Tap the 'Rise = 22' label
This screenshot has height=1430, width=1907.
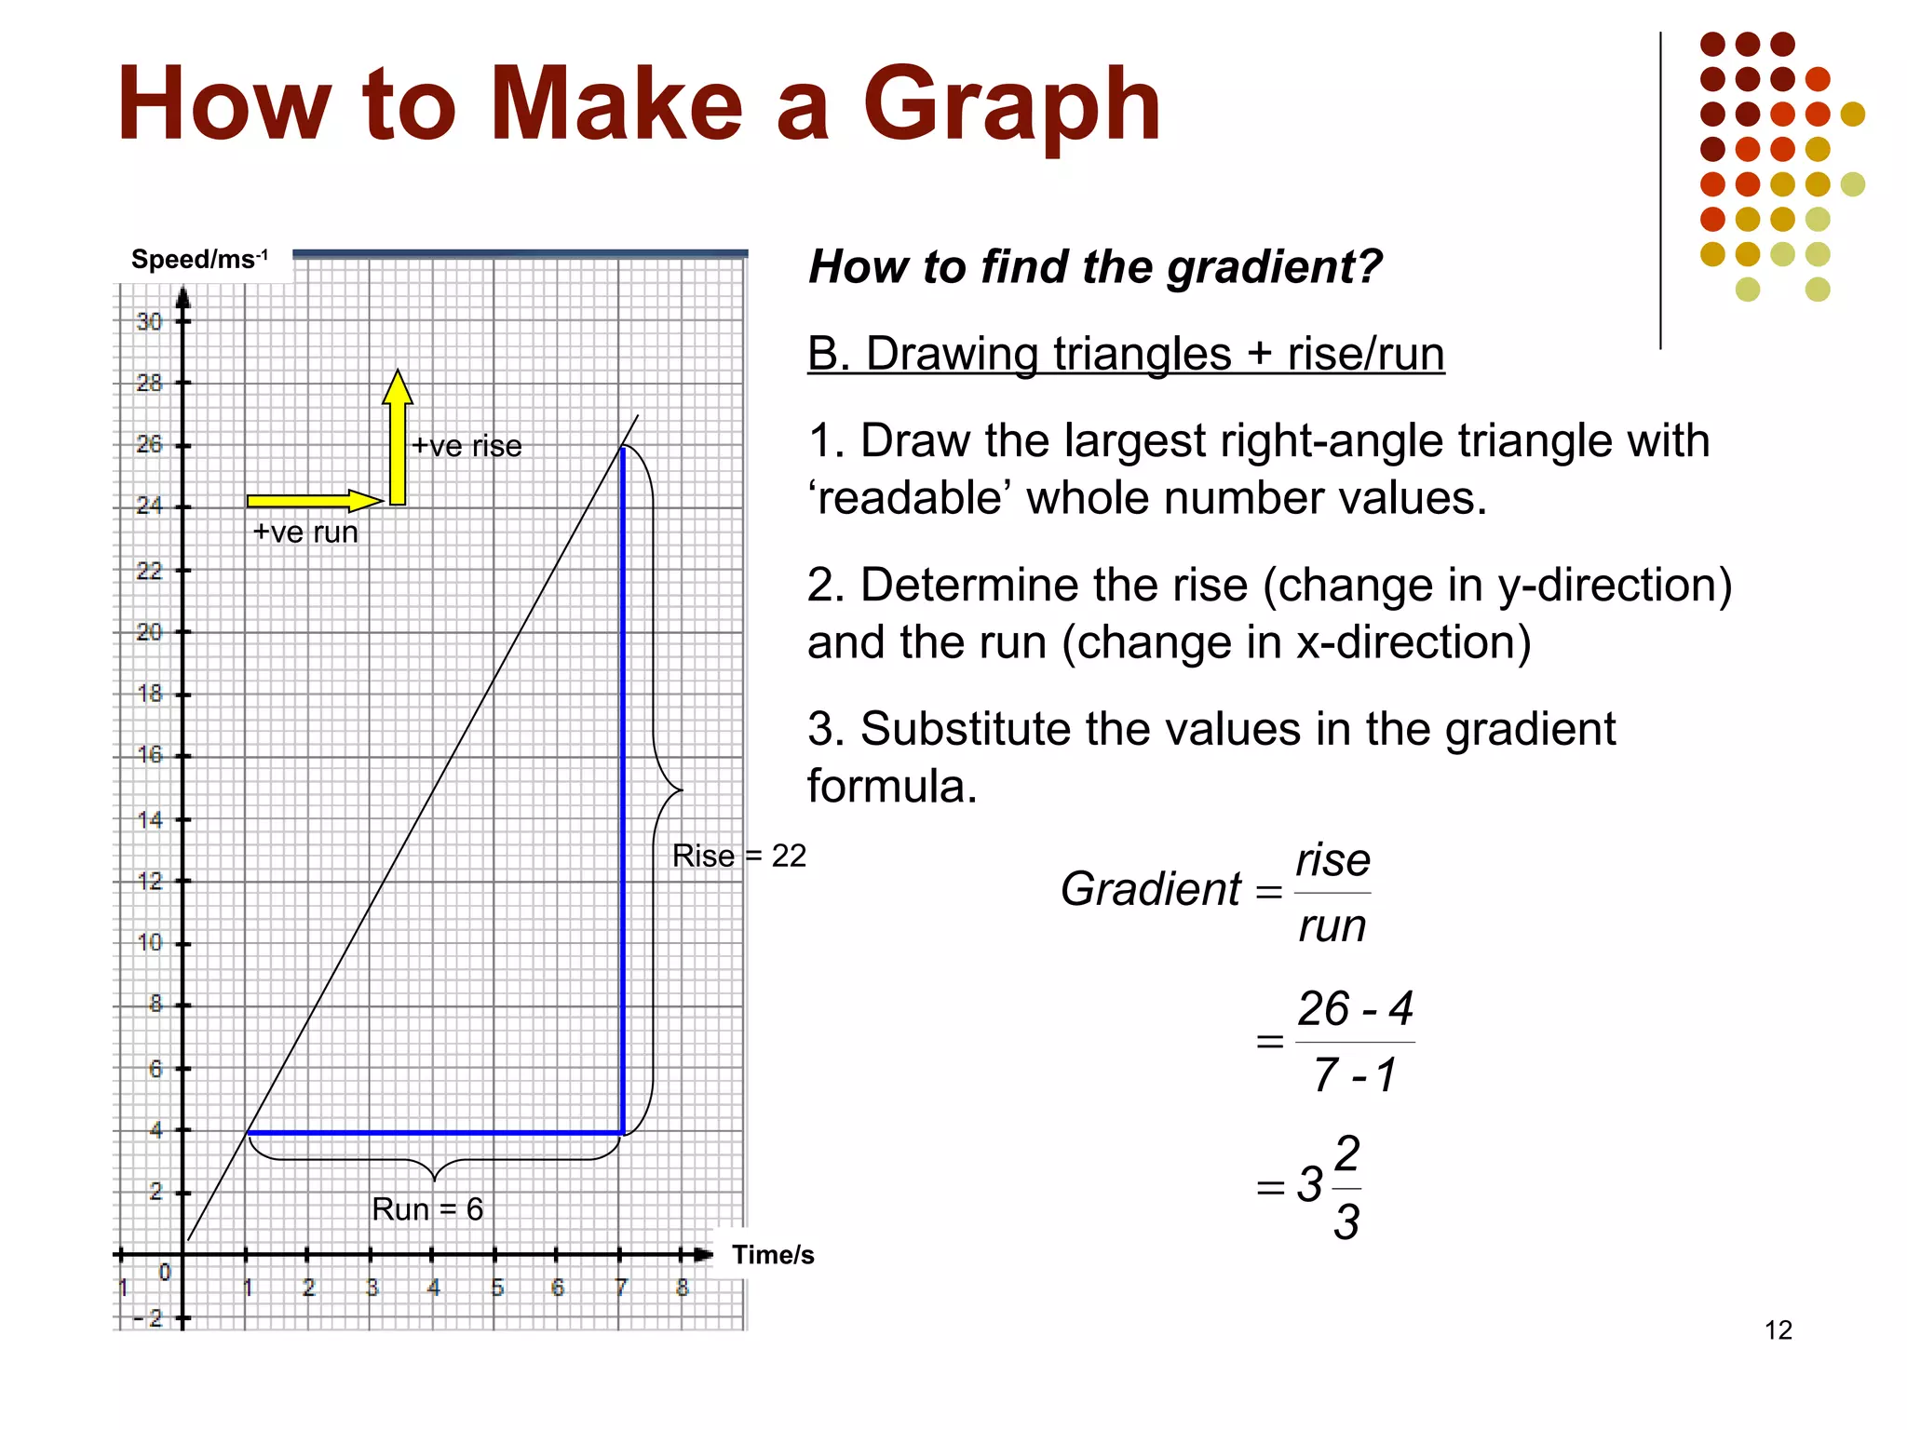(738, 856)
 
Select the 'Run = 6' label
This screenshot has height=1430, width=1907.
(427, 1208)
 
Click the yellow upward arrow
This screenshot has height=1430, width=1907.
(398, 438)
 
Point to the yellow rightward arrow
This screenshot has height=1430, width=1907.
(314, 501)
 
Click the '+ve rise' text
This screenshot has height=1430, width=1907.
(467, 446)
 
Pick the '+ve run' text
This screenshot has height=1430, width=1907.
(305, 532)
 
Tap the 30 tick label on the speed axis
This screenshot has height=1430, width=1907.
(149, 322)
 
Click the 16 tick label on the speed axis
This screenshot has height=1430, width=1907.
(149, 754)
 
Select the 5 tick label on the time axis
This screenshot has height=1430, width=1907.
(497, 1288)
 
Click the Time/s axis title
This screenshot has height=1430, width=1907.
(772, 1255)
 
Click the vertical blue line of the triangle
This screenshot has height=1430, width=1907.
(622, 791)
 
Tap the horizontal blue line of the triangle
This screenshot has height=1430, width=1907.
(434, 1133)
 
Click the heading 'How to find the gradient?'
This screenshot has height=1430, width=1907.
(1095, 267)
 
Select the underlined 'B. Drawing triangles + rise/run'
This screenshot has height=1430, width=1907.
(1125, 355)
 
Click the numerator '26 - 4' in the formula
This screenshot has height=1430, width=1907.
(1355, 1009)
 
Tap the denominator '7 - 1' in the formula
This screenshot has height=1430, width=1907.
(1355, 1075)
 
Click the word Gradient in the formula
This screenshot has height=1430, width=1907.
(1150, 889)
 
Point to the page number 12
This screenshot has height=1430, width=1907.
(1778, 1329)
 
